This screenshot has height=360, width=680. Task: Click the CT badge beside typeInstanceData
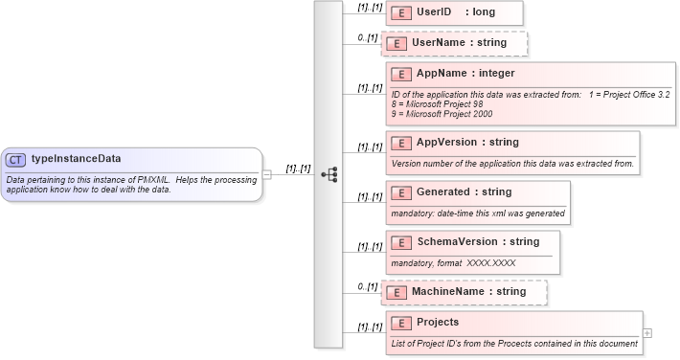pos(15,160)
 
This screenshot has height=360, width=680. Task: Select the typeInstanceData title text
pos(76,159)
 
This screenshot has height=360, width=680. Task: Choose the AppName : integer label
pos(465,74)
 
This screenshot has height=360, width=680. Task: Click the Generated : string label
pos(465,192)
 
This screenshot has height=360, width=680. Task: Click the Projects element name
pos(438,323)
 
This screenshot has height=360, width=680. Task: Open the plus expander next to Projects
pos(647,333)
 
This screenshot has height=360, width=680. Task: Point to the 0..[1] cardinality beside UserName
pos(368,37)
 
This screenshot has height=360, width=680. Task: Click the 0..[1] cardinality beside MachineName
pos(368,285)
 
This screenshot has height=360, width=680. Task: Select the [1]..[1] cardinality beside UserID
pos(370,7)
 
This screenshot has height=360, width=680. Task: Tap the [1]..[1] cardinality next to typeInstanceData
pos(298,169)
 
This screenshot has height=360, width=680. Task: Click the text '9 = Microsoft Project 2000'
pos(442,114)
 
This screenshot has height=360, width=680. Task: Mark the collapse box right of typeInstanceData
pos(267,175)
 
